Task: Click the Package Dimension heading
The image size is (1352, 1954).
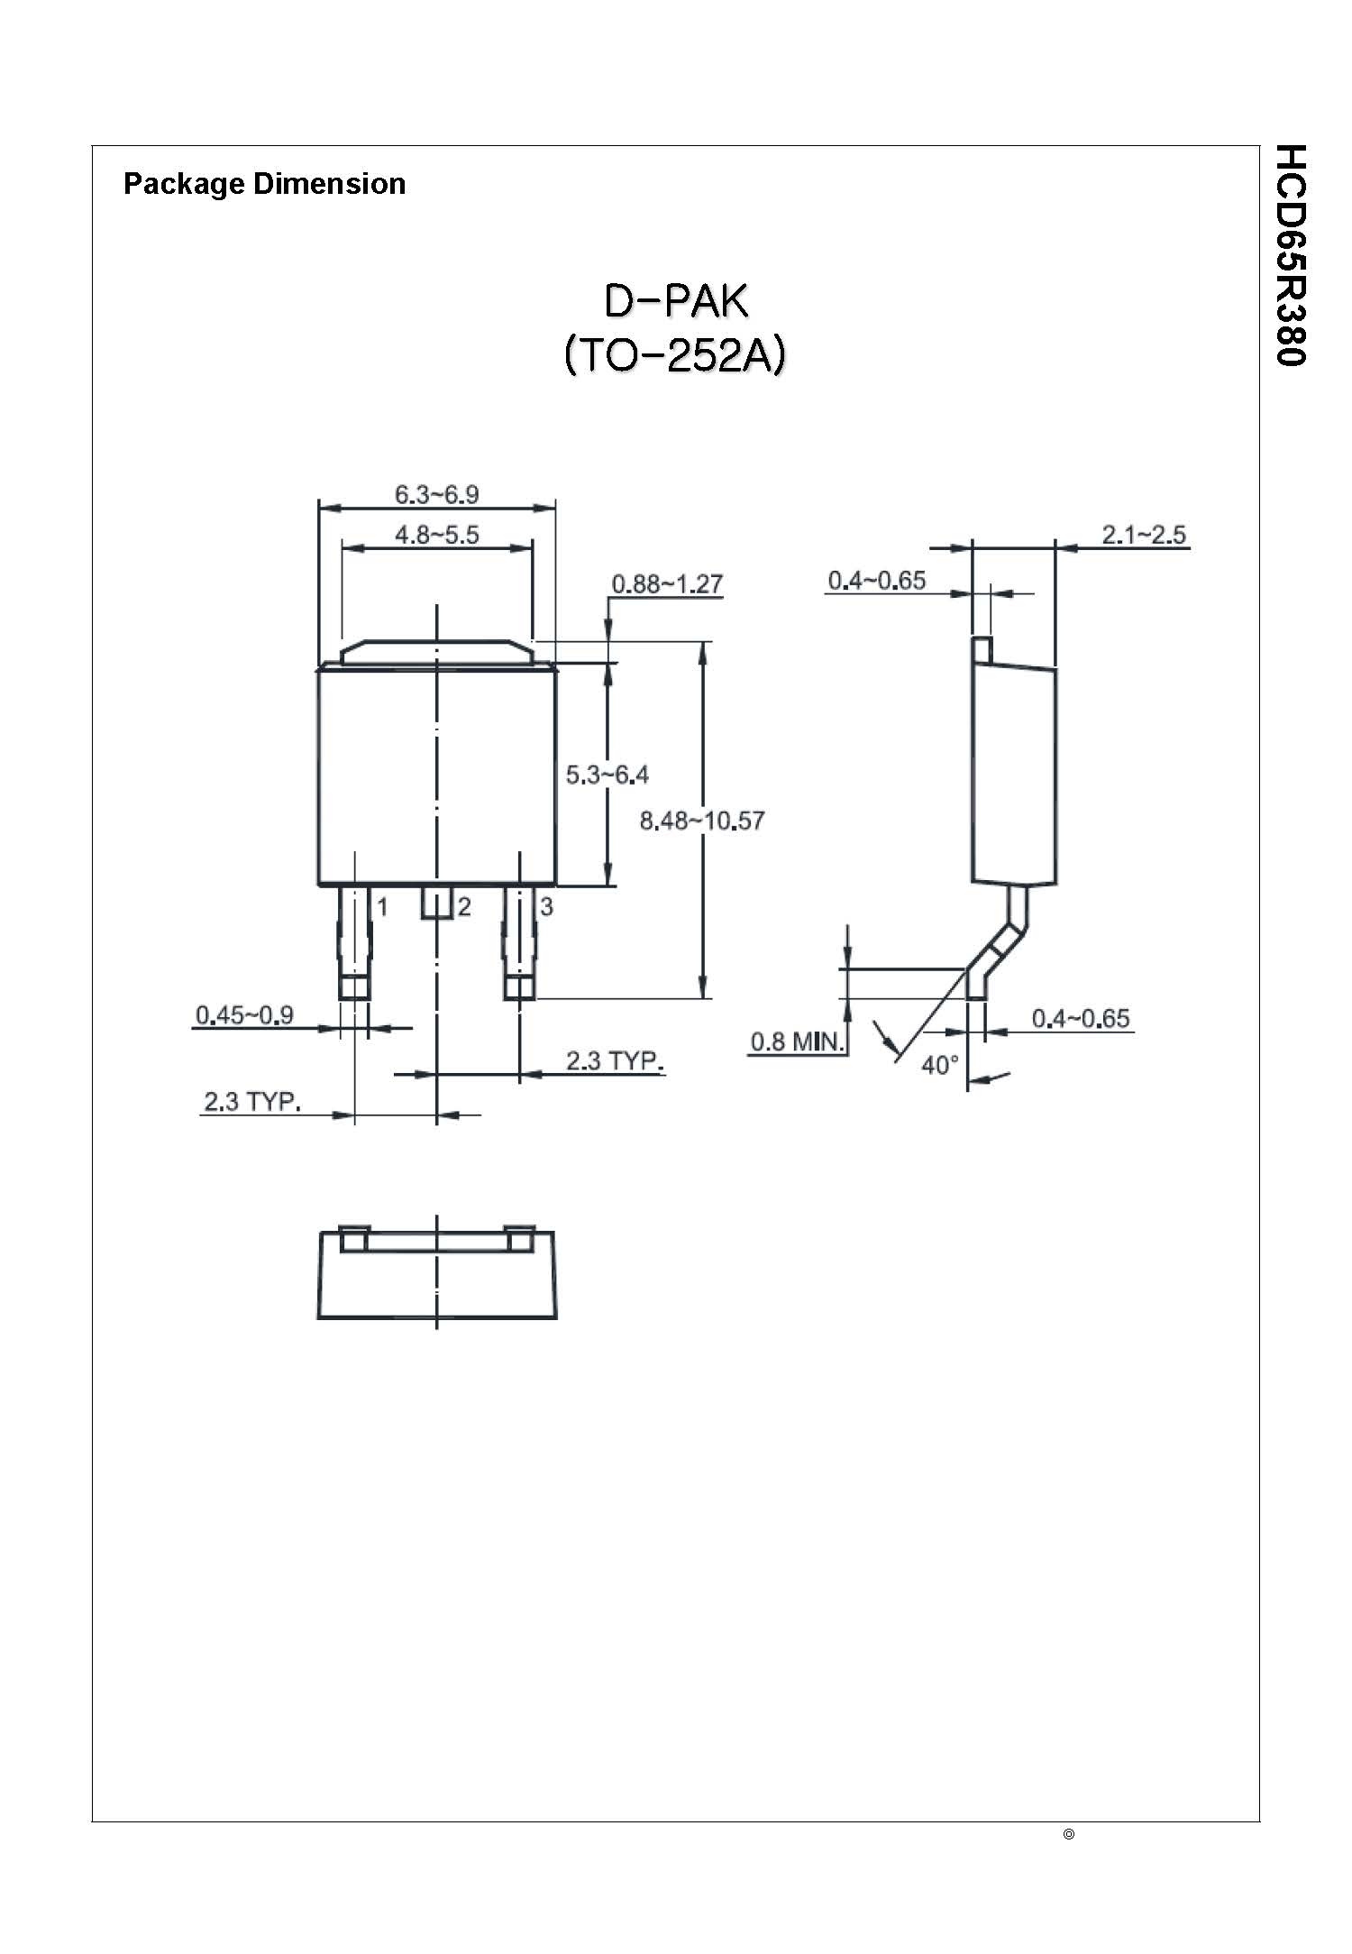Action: [264, 184]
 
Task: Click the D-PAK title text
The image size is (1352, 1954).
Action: [675, 302]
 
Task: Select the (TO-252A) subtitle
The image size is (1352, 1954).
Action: [675, 355]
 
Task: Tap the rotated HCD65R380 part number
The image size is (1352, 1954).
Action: [1291, 255]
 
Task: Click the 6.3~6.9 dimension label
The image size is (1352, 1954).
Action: [436, 494]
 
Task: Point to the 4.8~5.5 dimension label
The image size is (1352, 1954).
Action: [436, 535]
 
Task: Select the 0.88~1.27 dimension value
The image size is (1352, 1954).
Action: [667, 583]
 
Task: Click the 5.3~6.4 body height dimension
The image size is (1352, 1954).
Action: [607, 774]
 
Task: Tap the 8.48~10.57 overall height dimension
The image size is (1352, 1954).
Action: [701, 821]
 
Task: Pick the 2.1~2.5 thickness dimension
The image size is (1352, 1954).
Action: [1144, 535]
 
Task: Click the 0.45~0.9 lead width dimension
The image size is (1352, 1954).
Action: [244, 1015]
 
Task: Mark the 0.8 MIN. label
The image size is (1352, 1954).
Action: [797, 1042]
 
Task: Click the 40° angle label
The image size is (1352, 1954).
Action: [940, 1066]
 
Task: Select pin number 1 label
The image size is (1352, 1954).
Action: [382, 907]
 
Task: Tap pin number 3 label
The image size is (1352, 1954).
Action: [546, 907]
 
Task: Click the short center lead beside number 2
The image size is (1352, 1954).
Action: [436, 903]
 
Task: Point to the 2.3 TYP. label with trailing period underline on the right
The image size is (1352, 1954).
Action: [615, 1060]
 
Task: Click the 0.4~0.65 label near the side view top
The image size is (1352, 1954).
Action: [876, 581]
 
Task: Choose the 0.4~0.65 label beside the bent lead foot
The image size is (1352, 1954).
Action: [1080, 1019]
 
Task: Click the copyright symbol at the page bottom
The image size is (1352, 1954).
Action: [1069, 1834]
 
